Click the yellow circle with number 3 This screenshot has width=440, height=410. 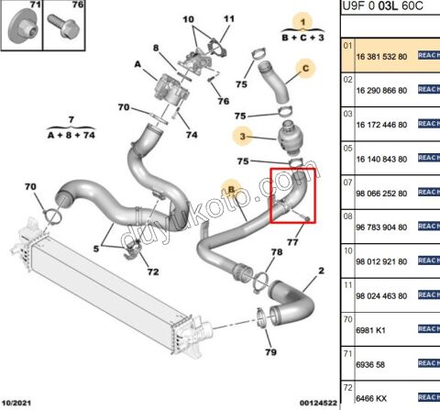pos(243,137)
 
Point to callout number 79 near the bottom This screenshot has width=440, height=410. pos(269,352)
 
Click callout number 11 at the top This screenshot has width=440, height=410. pos(228,18)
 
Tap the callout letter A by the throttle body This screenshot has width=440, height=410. pos(137,65)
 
